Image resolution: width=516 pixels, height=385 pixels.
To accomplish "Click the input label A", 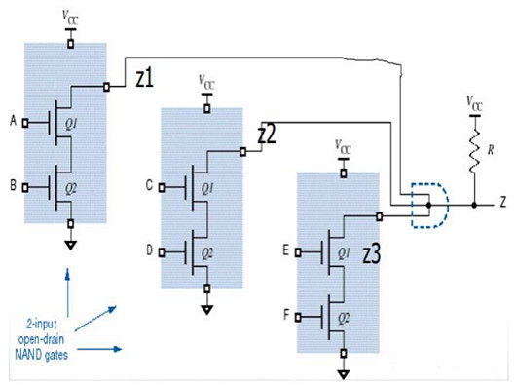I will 13,122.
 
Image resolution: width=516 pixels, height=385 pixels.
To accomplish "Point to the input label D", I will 149,250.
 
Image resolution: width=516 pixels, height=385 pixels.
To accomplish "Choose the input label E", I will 284,250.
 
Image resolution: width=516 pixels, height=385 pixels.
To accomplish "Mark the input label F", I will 284,316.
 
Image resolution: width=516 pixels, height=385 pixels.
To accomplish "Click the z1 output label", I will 145,80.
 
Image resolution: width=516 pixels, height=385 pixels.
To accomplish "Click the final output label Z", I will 500,206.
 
